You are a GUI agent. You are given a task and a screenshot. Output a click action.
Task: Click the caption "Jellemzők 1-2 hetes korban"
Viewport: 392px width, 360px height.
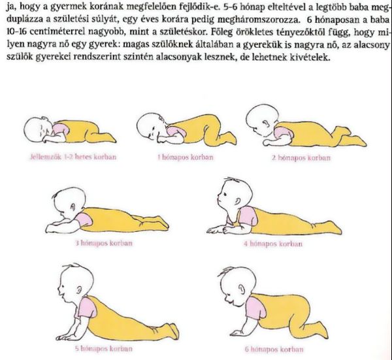[73, 157]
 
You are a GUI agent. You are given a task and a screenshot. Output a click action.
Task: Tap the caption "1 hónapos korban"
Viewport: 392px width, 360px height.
[186, 157]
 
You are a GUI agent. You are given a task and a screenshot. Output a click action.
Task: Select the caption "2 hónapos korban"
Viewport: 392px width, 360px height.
[301, 157]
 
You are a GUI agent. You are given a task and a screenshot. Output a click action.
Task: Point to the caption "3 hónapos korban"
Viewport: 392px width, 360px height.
[104, 243]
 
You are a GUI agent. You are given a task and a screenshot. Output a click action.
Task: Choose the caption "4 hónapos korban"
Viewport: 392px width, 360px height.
[273, 244]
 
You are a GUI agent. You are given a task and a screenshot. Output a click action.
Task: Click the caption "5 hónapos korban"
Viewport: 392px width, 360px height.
[104, 348]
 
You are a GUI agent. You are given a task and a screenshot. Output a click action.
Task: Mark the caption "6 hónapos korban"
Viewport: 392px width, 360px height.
[274, 350]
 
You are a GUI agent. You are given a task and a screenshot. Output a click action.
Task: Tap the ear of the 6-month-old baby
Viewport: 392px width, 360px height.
[242, 290]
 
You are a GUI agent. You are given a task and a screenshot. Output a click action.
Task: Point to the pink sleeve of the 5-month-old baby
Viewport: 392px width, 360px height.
[88, 308]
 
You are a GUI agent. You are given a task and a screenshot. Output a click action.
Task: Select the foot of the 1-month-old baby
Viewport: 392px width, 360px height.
[229, 139]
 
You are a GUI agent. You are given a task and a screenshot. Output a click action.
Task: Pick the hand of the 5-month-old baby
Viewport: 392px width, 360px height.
[63, 337]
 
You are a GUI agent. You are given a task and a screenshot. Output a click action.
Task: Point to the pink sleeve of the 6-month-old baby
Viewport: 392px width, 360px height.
[255, 308]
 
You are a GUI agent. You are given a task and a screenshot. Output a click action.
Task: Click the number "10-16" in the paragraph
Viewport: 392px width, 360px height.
[16, 33]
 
